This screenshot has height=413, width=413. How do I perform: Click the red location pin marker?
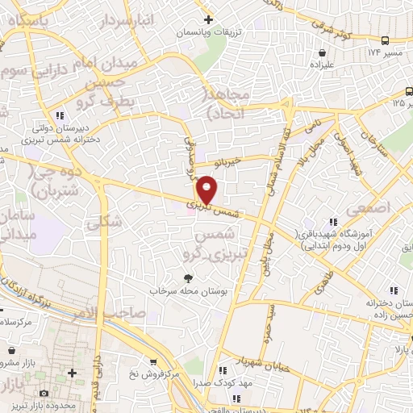click(x=207, y=191)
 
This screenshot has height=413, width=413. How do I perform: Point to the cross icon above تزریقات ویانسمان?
click(x=208, y=19)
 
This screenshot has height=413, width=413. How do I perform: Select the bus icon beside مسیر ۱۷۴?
click(x=386, y=40)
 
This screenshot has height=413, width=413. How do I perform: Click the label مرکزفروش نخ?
click(x=156, y=375)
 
